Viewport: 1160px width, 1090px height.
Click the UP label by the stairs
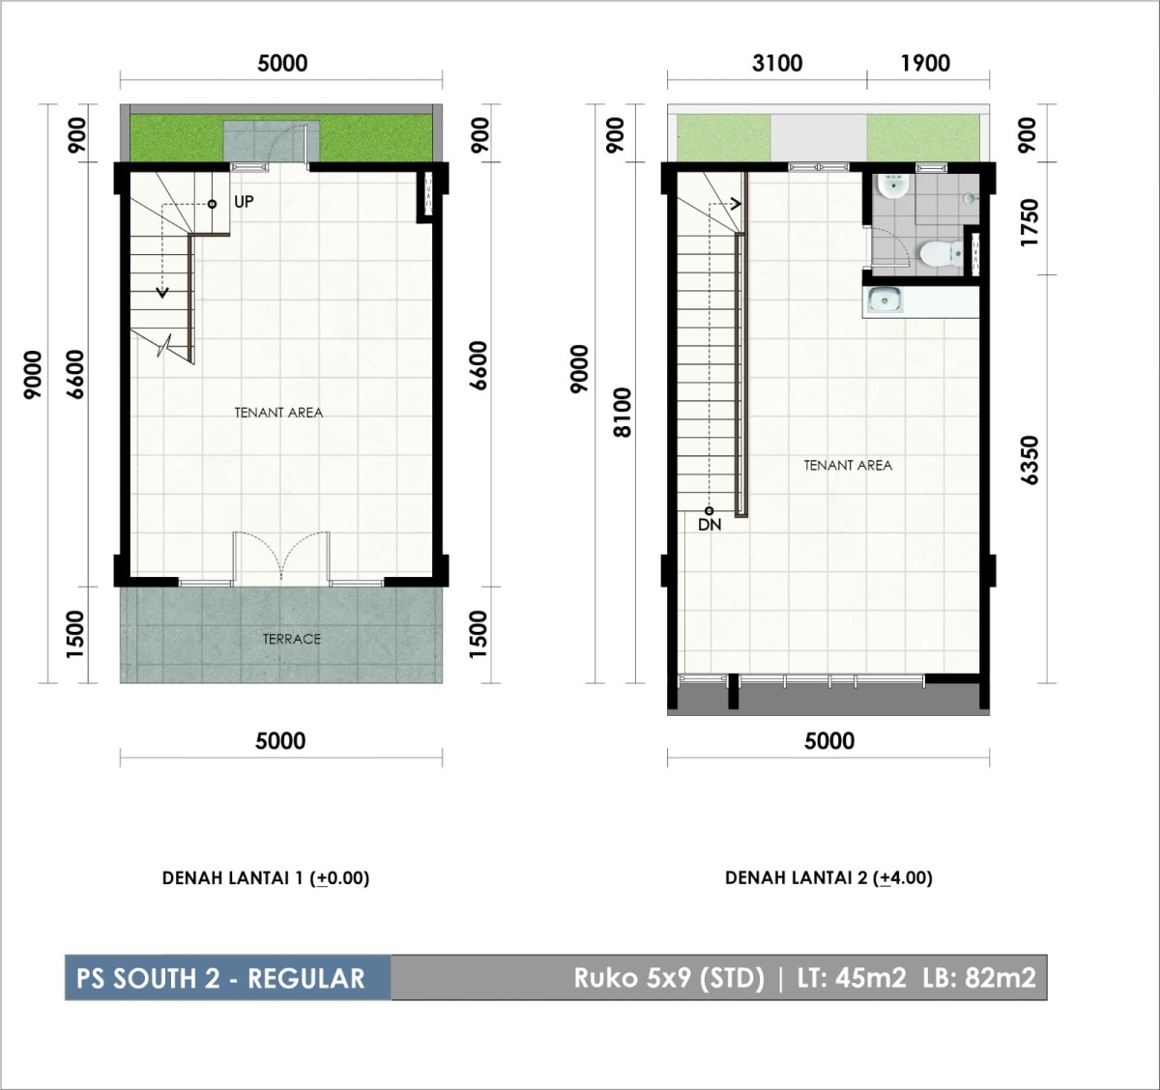tap(244, 202)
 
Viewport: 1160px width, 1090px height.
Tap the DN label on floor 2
tap(710, 525)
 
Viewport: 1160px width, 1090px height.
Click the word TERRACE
tap(292, 639)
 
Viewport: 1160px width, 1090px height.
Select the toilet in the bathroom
tap(942, 253)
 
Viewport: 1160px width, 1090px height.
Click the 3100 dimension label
tap(777, 63)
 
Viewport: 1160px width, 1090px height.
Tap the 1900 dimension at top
tap(926, 63)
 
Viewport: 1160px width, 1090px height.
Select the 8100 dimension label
tap(623, 412)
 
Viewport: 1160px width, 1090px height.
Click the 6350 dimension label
tap(1029, 460)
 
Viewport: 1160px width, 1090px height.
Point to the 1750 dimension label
tap(1029, 222)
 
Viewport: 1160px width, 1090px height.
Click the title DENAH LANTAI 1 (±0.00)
tap(266, 878)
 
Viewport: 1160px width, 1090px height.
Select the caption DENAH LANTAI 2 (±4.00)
tap(828, 878)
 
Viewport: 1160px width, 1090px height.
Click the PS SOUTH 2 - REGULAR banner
tap(227, 978)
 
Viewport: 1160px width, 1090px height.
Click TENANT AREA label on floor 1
tap(278, 413)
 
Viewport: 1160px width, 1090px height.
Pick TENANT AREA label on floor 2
tap(848, 466)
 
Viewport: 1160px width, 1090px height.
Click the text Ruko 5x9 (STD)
tap(669, 978)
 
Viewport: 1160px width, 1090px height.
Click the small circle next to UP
tap(212, 204)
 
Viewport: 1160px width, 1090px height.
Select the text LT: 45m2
tap(853, 977)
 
